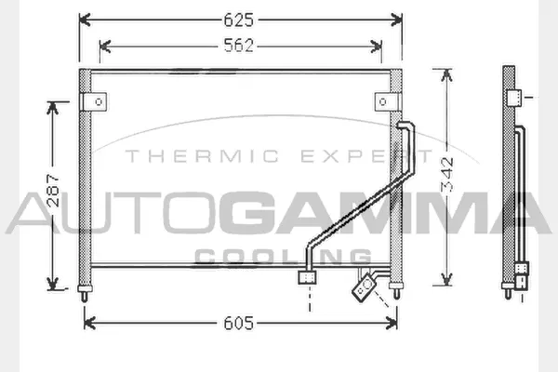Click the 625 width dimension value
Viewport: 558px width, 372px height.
click(x=241, y=18)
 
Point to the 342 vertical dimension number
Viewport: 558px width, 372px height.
click(x=449, y=175)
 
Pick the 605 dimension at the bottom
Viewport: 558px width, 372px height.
click(x=239, y=323)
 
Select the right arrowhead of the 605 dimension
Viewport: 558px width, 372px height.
click(x=396, y=323)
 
